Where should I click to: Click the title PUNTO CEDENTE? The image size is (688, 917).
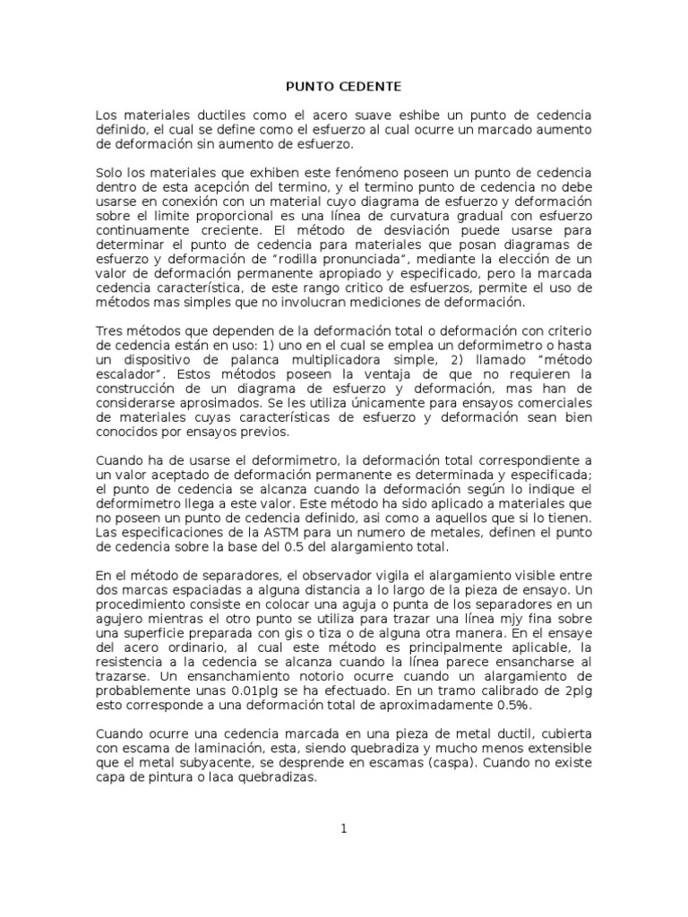[x=343, y=87]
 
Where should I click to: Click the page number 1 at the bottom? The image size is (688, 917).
[x=343, y=828]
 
